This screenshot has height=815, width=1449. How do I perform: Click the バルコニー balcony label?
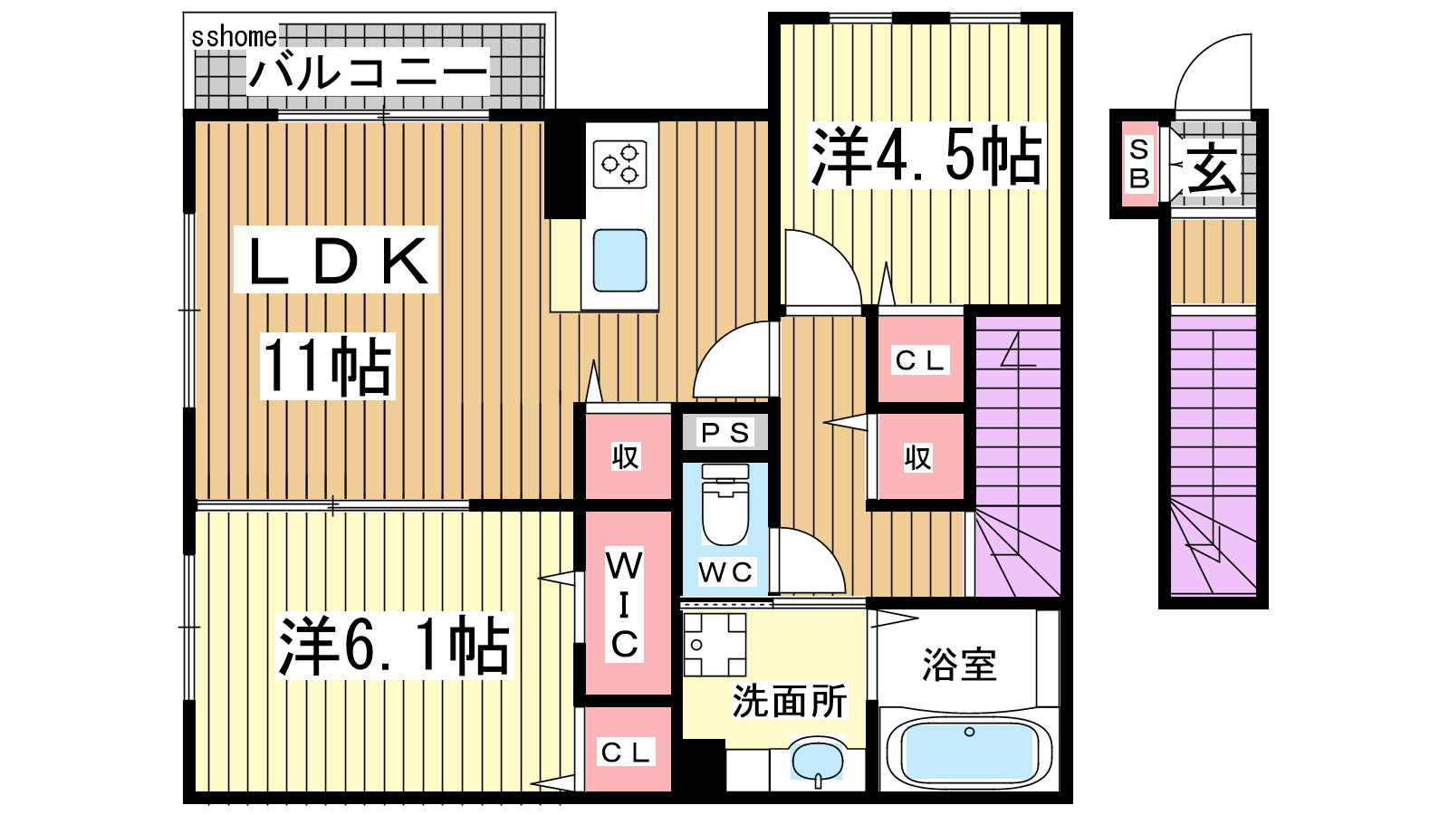[368, 72]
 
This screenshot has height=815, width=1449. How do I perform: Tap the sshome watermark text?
[235, 37]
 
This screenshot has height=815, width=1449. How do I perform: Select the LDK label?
[337, 260]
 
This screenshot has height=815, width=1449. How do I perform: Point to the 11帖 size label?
[327, 366]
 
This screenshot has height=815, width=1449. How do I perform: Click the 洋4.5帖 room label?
[926, 156]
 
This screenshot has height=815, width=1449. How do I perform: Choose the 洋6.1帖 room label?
[394, 646]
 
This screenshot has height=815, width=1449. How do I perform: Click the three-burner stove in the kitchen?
[619, 164]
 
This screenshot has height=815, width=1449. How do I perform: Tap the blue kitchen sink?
[619, 260]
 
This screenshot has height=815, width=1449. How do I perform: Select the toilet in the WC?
[725, 504]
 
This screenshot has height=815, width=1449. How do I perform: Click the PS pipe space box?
[725, 432]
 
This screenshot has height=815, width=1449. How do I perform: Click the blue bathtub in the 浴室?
[968, 753]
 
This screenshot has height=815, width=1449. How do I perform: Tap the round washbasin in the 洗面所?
[818, 762]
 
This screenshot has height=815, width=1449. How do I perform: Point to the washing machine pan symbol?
[715, 645]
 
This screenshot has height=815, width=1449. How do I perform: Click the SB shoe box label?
[1139, 164]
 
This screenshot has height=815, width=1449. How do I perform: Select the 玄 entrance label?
[1212, 167]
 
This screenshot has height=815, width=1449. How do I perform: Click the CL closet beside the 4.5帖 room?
[920, 360]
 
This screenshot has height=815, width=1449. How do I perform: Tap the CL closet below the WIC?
[625, 752]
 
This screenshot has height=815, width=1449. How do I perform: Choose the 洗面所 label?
[789, 701]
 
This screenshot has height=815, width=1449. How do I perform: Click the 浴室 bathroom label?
[959, 665]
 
